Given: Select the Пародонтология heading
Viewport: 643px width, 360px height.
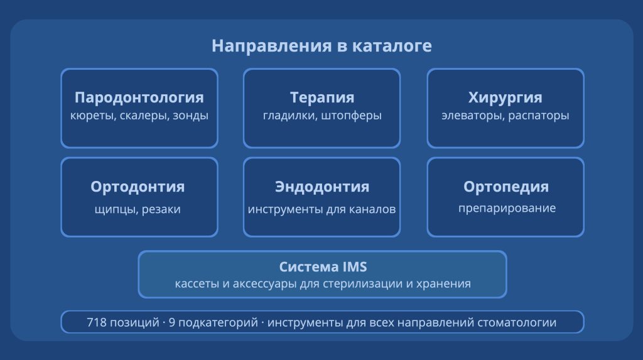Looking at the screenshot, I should click(139, 97).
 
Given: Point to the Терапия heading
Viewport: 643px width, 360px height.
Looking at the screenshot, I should click(321, 97).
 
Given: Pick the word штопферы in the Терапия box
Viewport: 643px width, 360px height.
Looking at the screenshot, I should click(353, 116).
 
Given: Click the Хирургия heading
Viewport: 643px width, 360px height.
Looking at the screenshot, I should click(505, 97).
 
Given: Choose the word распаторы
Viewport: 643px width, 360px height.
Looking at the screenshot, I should click(540, 116).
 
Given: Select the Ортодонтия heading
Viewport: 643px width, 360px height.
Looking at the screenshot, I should click(138, 187).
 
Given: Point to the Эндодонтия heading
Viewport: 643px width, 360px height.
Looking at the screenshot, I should click(321, 187).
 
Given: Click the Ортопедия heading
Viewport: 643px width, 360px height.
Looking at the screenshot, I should click(505, 187).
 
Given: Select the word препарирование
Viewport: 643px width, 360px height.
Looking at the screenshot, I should click(507, 208).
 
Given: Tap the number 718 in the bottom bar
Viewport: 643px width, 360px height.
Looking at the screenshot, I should click(97, 323).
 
